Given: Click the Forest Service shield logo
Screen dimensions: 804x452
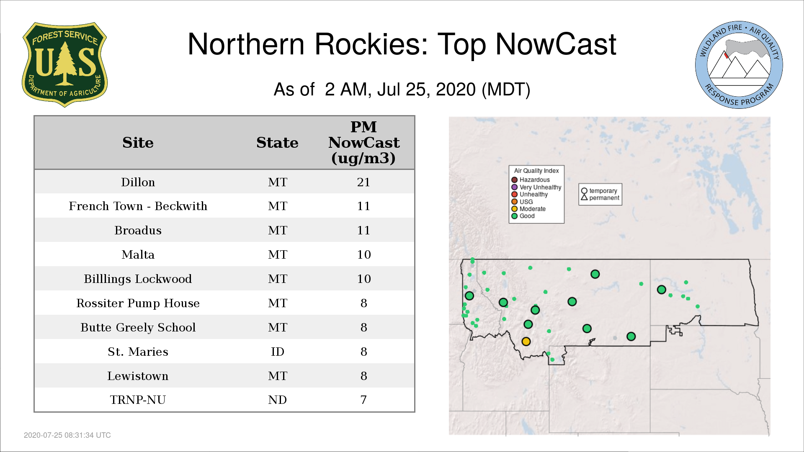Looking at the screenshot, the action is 64,64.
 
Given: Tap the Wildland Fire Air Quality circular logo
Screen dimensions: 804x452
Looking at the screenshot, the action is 739,65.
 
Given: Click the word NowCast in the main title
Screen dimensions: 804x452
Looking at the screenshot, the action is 556,44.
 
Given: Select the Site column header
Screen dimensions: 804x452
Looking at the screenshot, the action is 138,143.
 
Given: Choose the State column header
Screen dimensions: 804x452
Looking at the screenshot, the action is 277,143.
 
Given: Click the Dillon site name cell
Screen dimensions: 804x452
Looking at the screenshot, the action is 138,182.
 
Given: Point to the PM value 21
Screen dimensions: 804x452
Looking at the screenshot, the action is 363,182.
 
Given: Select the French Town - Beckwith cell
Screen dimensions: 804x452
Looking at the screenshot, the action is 138,206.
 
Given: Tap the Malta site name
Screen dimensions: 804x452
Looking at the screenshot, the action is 138,254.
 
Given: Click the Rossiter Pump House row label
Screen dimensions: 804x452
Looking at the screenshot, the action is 138,303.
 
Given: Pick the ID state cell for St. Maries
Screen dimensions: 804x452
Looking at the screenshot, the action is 277,352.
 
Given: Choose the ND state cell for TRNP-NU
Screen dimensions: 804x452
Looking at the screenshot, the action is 277,400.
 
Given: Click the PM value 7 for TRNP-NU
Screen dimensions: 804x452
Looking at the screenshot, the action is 363,400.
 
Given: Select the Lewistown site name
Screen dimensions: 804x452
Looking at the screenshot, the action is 138,376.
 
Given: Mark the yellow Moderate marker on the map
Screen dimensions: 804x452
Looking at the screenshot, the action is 526,342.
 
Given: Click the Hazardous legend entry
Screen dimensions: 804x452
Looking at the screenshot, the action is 531,180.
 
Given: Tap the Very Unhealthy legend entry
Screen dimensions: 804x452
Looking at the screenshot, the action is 536,187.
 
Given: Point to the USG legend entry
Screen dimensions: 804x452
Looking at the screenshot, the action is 522,202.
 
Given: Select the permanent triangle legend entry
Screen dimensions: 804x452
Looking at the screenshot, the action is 600,198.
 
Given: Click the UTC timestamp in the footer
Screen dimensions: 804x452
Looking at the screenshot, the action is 67,435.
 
